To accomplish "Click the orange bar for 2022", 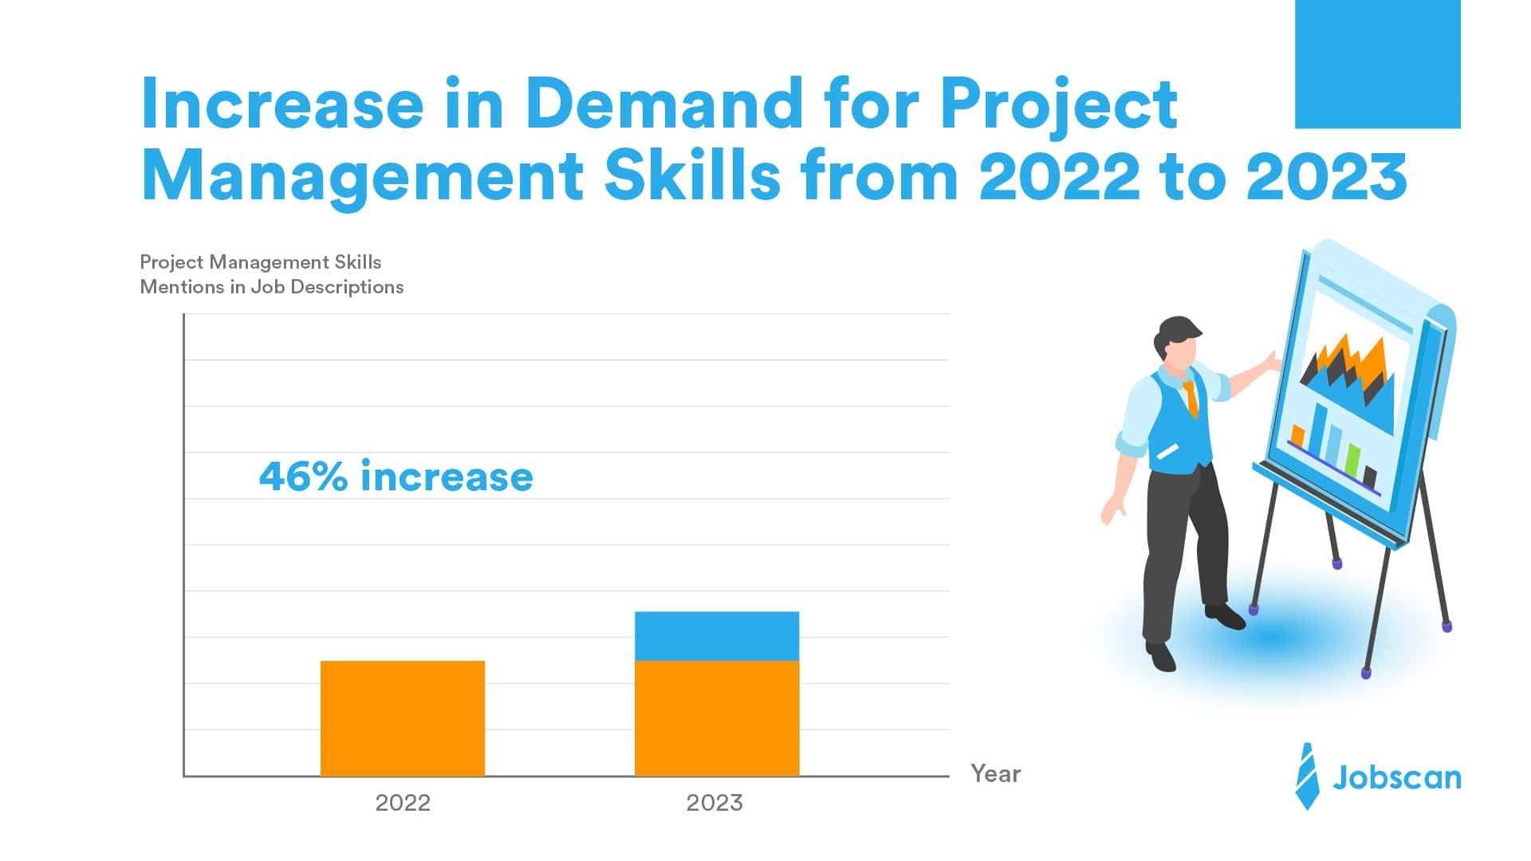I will point(403,717).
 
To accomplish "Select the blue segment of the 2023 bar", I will point(717,636).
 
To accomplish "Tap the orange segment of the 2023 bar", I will point(717,717).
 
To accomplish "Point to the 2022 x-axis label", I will point(403,803).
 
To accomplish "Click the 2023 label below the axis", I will point(714,803).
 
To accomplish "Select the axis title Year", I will point(995,773).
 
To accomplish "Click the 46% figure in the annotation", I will point(304,477).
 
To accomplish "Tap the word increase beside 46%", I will point(447,477).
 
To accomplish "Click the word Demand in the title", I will point(664,104).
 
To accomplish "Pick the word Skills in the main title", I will point(692,177).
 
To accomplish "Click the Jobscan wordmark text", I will point(1397,777).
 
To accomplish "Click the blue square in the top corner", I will point(1377,64).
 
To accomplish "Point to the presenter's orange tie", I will point(1191,399).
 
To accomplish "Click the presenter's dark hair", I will point(1176,330).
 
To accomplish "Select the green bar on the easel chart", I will point(1352,460).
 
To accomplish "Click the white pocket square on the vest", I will point(1167,451).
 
